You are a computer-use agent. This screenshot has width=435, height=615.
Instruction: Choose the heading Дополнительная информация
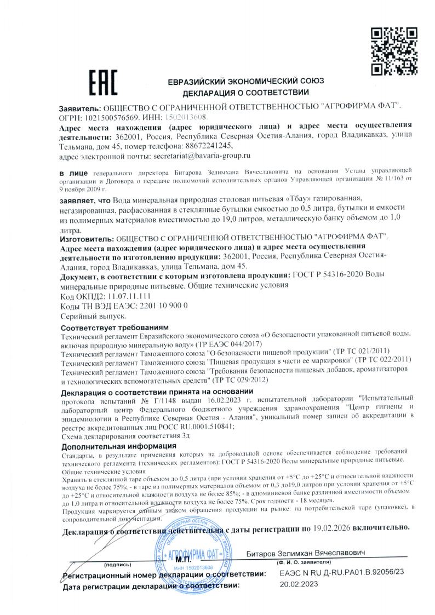coord(114,446)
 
